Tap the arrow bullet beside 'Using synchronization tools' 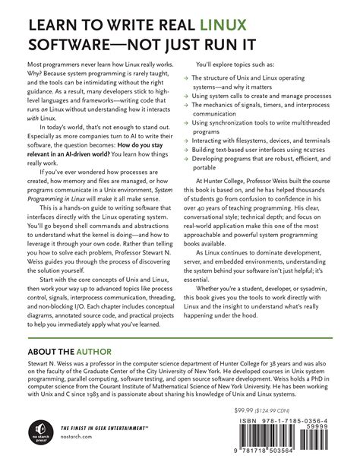coord(188,143)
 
